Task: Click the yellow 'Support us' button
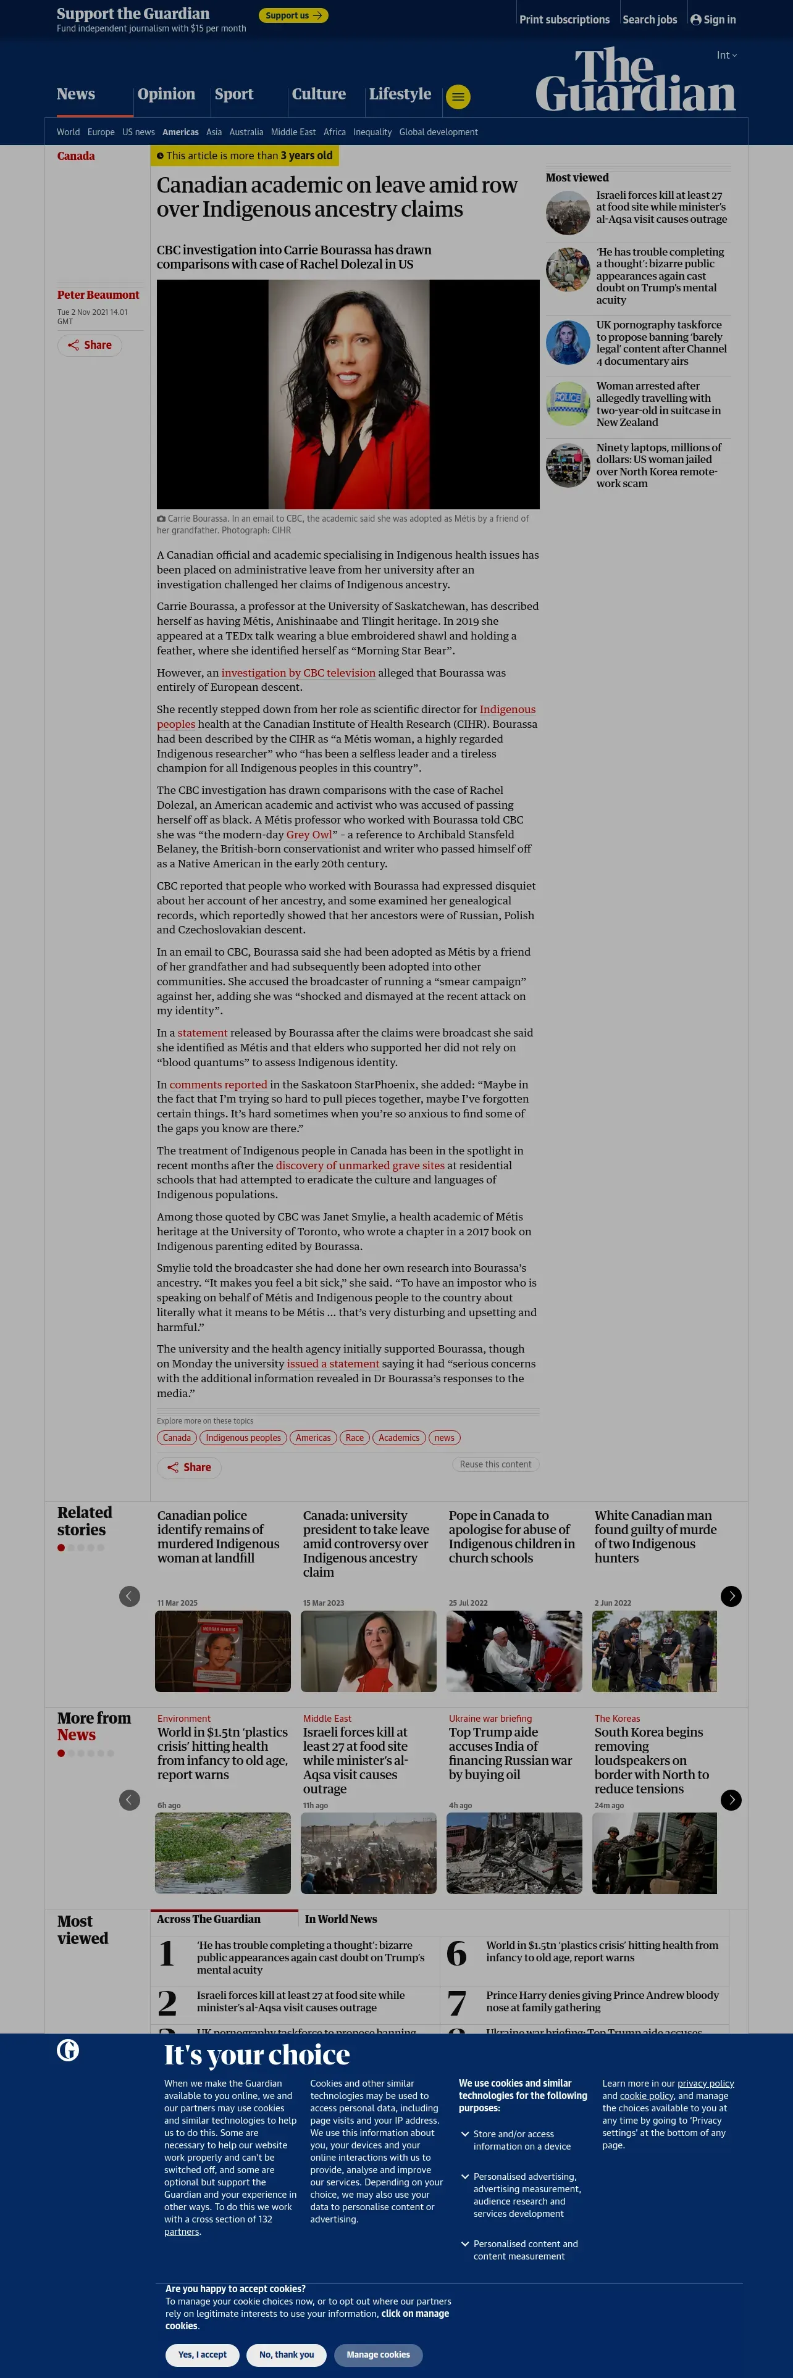tap(293, 15)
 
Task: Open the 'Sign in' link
tap(713, 19)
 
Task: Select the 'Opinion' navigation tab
tap(166, 94)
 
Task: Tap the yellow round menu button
tap(458, 96)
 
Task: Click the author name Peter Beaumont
tap(98, 296)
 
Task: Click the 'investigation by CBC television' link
tap(298, 673)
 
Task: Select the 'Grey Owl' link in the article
tap(308, 835)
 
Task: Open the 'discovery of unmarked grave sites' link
tap(360, 1166)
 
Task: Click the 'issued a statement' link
tap(332, 1364)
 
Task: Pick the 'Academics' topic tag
tap(399, 1438)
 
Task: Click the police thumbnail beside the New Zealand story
tap(568, 403)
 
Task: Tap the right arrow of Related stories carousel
tap(730, 1596)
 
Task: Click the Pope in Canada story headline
tap(511, 1537)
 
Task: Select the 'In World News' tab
tap(341, 1919)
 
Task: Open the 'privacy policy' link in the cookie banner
tap(705, 2084)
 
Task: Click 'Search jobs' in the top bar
tap(649, 19)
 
